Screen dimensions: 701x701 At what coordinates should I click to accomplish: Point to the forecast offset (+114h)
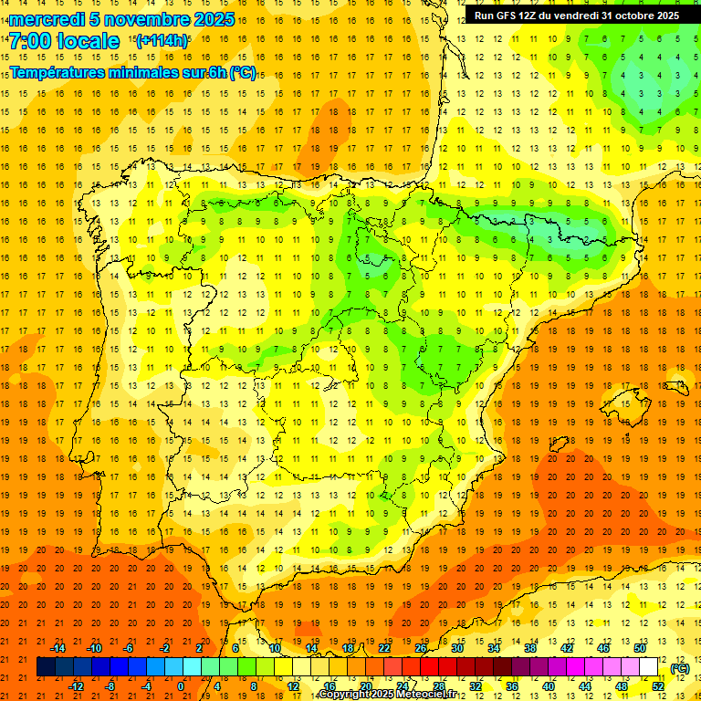tap(162, 41)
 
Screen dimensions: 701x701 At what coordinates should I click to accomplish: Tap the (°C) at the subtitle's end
tap(243, 73)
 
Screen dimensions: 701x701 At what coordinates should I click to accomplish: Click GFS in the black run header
tap(507, 16)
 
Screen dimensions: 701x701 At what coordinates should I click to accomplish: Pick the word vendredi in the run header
tap(575, 16)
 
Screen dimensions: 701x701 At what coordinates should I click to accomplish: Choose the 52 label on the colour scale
tap(658, 686)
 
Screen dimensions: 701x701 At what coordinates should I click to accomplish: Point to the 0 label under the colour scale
tap(181, 686)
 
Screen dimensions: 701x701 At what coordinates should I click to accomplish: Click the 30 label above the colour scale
tap(457, 648)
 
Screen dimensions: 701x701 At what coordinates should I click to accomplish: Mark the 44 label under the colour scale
tap(585, 686)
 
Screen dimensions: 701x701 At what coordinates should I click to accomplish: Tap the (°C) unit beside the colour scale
tap(679, 668)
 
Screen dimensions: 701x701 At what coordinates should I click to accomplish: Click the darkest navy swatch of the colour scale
tap(46, 667)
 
